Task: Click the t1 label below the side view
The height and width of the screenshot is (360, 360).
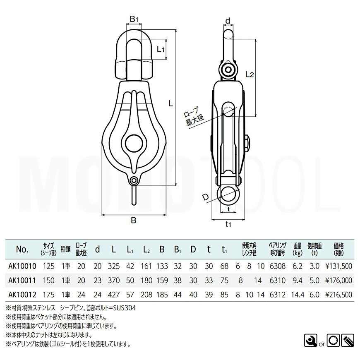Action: pyautogui.click(x=228, y=225)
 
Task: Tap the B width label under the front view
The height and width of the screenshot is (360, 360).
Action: pyautogui.click(x=134, y=221)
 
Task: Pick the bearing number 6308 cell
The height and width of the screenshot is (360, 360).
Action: pyautogui.click(x=275, y=267)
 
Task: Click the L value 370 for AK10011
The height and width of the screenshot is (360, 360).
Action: pyautogui.click(x=113, y=280)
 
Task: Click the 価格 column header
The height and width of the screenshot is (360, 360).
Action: pyautogui.click(x=341, y=247)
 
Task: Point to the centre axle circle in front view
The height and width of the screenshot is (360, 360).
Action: pyautogui.click(x=134, y=143)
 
